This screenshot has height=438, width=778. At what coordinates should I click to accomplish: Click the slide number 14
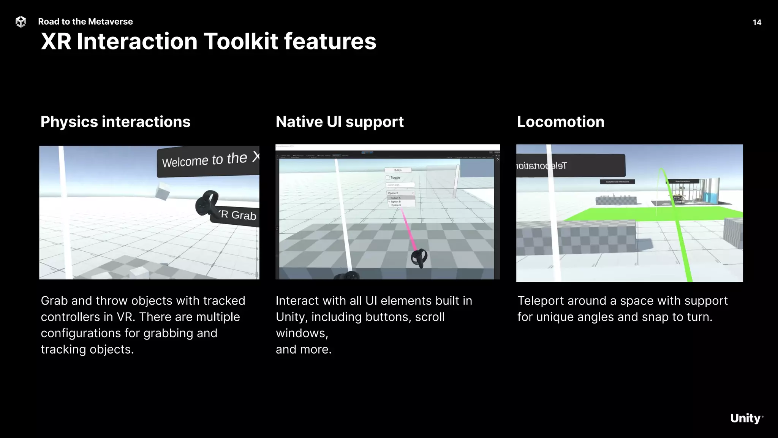pos(757,22)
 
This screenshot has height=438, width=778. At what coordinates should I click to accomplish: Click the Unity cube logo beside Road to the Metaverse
pos(21,22)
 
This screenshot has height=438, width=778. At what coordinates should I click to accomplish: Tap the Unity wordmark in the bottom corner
pos(746,418)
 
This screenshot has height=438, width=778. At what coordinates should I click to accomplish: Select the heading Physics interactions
pos(115,122)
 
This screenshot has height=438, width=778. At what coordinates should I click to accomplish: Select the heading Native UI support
pos(340,122)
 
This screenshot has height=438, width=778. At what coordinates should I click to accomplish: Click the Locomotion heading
pos(560,122)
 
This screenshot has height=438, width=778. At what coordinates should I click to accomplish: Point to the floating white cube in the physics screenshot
pos(163,191)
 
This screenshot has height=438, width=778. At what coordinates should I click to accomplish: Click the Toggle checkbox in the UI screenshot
pos(388,178)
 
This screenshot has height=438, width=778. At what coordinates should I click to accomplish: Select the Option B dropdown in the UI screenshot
pos(400,193)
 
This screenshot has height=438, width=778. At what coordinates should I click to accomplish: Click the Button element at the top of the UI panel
pos(398,170)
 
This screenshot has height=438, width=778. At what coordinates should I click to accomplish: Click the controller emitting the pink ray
pos(419,258)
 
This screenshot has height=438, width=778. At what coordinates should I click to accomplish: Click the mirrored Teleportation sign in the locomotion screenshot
pos(570,166)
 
